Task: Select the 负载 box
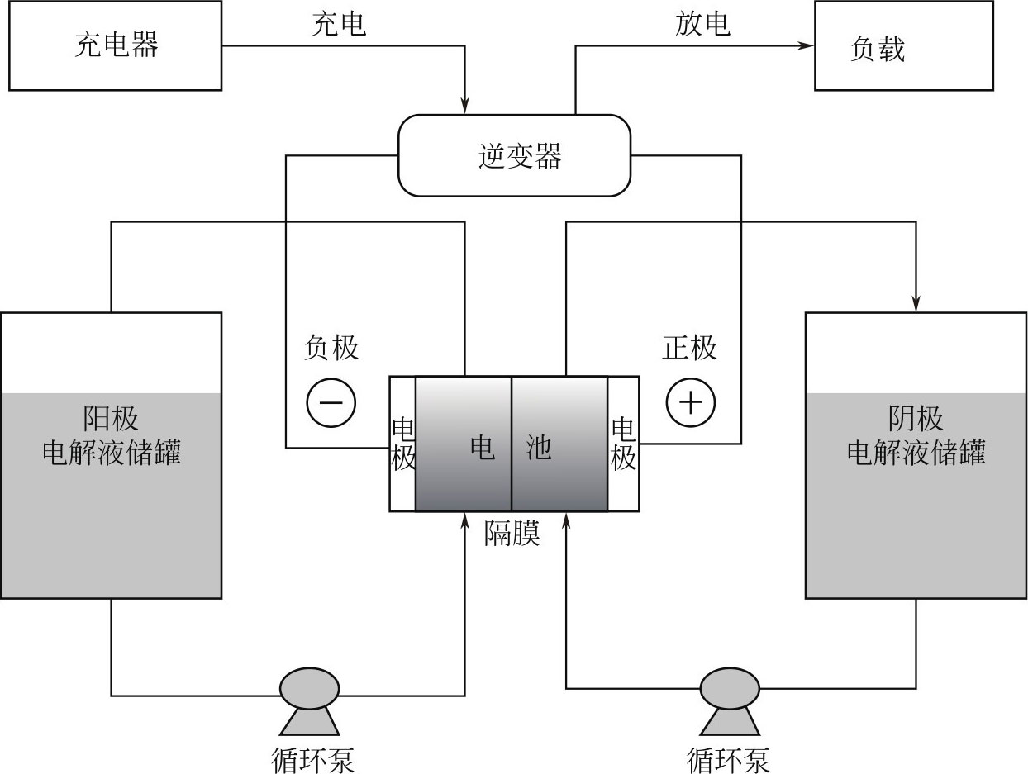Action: pos(903,46)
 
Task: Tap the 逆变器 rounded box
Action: pos(514,155)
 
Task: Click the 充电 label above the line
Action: pos(338,24)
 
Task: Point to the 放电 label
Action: pos(702,24)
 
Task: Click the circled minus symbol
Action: pos(331,402)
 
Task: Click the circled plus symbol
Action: pos(690,402)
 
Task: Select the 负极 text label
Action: pos(331,348)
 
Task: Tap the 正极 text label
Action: pos(689,348)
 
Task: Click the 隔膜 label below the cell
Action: pos(512,534)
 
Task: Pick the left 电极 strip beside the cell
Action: pos(402,444)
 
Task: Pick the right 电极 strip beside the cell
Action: pos(623,444)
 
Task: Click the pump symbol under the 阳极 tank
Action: pos(310,698)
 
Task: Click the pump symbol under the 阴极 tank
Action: pos(729,698)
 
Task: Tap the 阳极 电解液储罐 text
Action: pos(112,437)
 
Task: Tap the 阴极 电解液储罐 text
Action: pos(916,437)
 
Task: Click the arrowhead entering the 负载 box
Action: pos(806,45)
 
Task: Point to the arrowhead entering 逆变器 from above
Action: pos(464,106)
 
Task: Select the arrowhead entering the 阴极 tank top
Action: pos(916,304)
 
